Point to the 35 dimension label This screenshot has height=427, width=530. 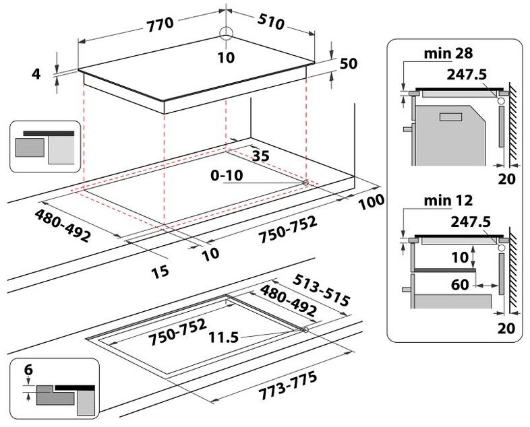(x=260, y=156)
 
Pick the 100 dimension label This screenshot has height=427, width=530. (x=372, y=201)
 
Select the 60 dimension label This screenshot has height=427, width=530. (x=461, y=284)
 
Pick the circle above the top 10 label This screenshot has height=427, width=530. (x=226, y=36)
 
